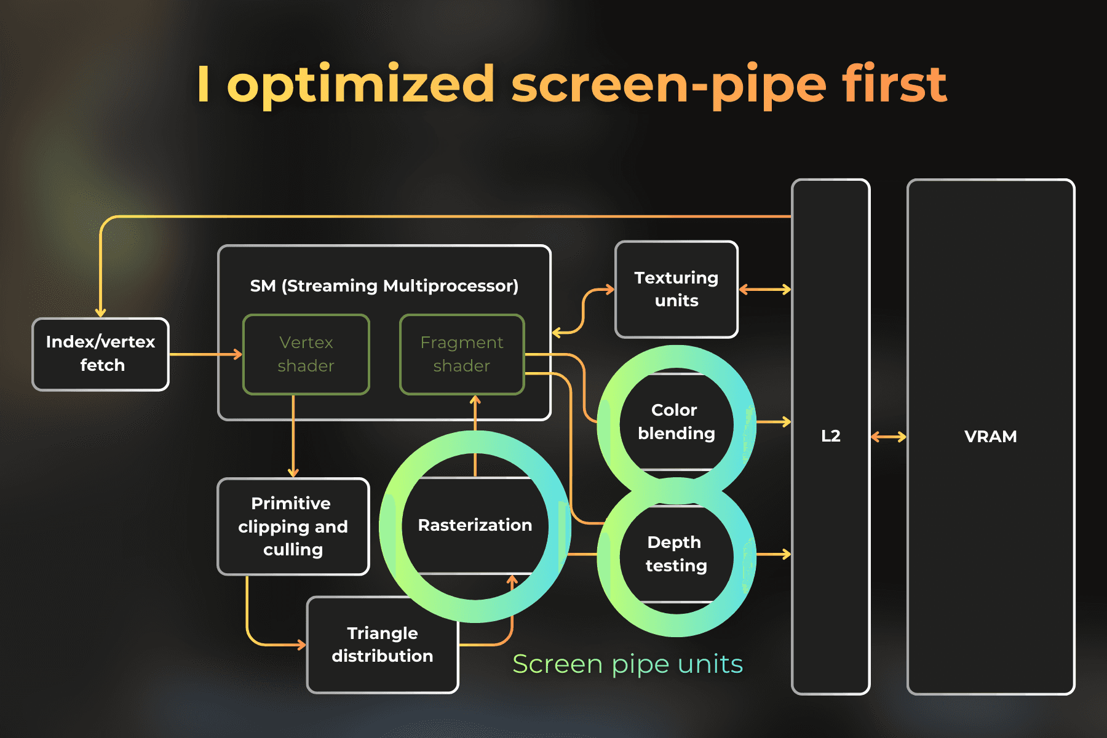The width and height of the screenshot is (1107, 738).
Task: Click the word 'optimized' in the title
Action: coord(361,85)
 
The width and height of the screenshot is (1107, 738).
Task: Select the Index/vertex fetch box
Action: coord(101,354)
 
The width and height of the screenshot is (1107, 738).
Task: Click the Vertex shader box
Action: coord(306,354)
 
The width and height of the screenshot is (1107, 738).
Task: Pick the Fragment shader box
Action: coord(462,354)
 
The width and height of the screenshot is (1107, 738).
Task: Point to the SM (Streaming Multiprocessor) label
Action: coord(384,286)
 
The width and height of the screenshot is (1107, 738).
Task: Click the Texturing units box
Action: coord(676,289)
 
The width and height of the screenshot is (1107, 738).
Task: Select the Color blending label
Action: coord(676,422)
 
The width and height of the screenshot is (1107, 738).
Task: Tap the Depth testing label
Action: coord(676,554)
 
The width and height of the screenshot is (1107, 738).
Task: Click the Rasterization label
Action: coord(475,525)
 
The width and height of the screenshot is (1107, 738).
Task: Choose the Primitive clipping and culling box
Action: coord(293,526)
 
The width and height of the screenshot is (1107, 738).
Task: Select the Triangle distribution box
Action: coord(382,645)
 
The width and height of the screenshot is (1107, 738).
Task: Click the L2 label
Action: coord(830,436)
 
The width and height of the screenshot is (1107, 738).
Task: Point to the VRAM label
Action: coord(990,437)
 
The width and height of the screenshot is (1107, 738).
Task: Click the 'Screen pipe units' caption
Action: coord(627,664)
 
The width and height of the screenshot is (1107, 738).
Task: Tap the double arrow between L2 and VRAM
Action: coord(889,437)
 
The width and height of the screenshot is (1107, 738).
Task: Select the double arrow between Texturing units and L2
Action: coord(764,289)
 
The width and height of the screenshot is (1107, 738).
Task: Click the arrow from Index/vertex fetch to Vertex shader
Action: coord(206,354)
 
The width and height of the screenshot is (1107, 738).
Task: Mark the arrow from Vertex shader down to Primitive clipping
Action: coord(293,437)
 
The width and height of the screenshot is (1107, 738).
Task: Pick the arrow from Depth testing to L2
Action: coord(773,554)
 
